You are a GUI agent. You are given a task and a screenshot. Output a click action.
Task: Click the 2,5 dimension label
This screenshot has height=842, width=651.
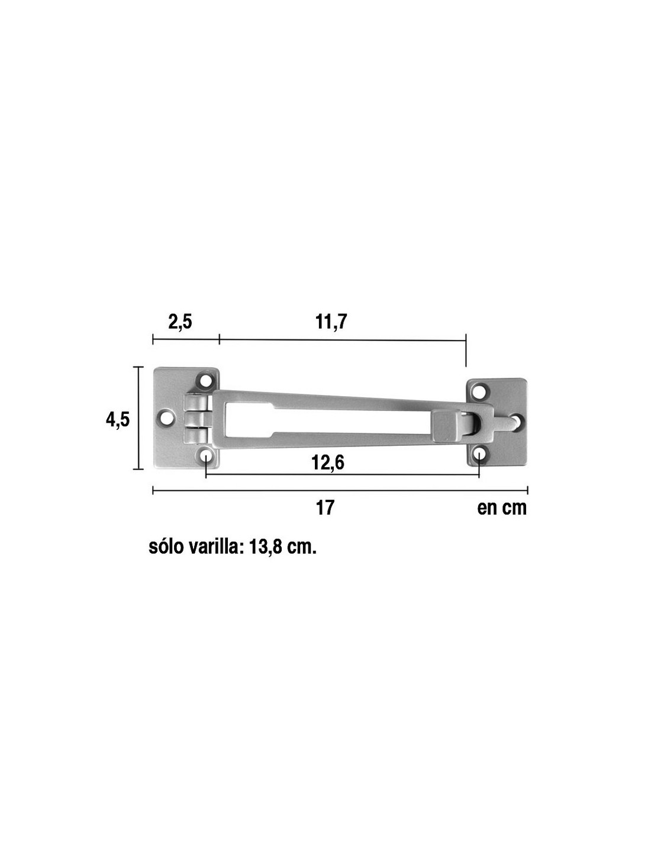click(180, 322)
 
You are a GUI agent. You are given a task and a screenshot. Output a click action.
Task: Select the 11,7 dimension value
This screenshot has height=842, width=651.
click(331, 322)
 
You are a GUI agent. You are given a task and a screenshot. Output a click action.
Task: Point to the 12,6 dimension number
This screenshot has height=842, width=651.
click(328, 462)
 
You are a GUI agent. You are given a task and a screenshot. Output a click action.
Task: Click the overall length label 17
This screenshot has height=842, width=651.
click(325, 508)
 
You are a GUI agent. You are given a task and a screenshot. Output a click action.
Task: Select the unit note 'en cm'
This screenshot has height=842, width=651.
click(502, 509)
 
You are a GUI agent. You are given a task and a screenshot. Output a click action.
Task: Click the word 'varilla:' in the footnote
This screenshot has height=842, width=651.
click(217, 548)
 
